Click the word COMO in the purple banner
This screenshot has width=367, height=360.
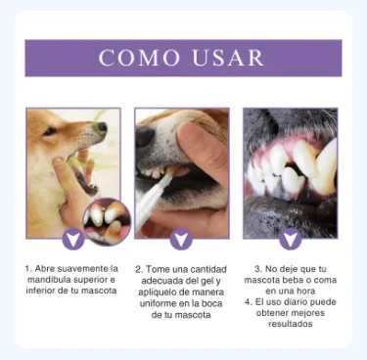[x=139, y=58]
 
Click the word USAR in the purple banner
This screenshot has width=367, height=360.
[x=228, y=58]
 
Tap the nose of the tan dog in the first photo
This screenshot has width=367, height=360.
[x=102, y=127]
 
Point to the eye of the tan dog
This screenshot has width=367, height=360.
[x=50, y=131]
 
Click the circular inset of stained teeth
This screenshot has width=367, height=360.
[x=107, y=221]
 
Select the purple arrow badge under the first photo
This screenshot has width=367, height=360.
[x=73, y=239]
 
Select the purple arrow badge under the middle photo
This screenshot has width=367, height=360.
[x=181, y=239]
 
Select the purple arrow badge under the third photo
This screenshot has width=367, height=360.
[x=290, y=239]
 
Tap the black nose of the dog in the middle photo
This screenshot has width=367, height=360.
[x=146, y=136]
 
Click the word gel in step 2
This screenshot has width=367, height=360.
[x=206, y=281]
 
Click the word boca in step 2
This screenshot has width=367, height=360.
[x=212, y=303]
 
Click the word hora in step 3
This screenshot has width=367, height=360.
[x=305, y=292]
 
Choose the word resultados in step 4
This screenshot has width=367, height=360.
[x=291, y=324]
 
